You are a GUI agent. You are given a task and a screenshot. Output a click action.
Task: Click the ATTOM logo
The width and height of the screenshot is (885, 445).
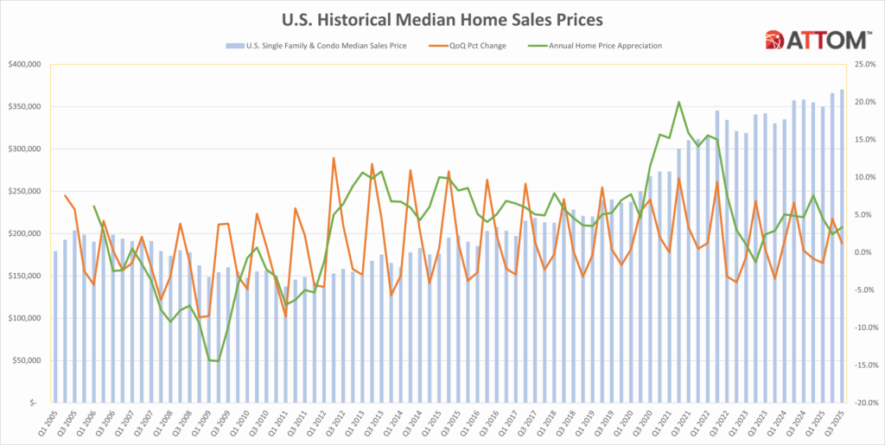[817, 40]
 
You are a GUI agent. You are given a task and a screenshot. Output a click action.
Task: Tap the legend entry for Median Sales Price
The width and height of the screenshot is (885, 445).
[316, 45]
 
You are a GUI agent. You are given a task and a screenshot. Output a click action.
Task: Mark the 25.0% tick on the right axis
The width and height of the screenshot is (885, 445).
[864, 65]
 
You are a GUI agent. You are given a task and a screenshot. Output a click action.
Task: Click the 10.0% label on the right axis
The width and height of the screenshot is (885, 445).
[864, 177]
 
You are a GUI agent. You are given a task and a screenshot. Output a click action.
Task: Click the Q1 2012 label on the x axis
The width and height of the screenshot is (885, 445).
[320, 424]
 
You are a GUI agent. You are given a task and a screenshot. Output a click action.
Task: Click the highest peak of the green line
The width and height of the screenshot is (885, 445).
[679, 102]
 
